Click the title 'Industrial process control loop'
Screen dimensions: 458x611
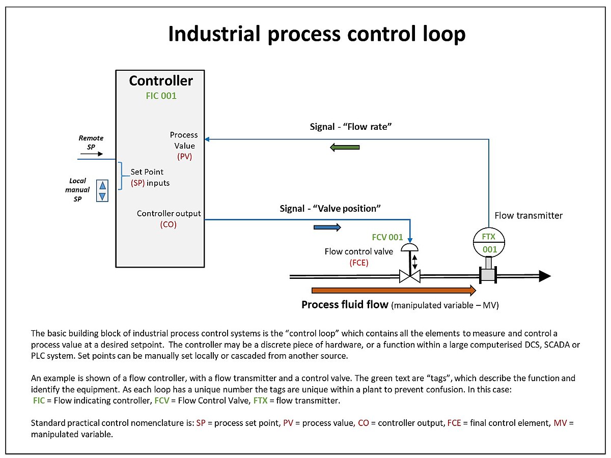pyautogui.click(x=316, y=34)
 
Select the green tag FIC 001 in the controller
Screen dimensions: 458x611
pyautogui.click(x=161, y=96)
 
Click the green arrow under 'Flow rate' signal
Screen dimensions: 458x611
pyautogui.click(x=345, y=148)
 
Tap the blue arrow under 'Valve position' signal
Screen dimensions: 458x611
pyautogui.click(x=327, y=227)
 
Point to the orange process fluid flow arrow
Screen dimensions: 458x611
pyautogui.click(x=394, y=290)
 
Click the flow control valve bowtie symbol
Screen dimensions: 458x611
pyautogui.click(x=409, y=276)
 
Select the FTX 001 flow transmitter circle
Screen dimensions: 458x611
pyautogui.click(x=489, y=243)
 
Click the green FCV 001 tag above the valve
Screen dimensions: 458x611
pyautogui.click(x=387, y=237)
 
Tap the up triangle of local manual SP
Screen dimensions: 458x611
pyautogui.click(x=102, y=185)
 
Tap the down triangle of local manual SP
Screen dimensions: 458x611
pyautogui.click(x=102, y=196)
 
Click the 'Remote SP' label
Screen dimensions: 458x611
pyautogui.click(x=91, y=142)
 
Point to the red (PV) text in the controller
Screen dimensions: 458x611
pyautogui.click(x=184, y=157)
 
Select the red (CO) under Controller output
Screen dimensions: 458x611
pyautogui.click(x=168, y=224)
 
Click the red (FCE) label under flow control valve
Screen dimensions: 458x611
pyautogui.click(x=358, y=263)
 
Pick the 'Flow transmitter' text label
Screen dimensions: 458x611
pyautogui.click(x=529, y=215)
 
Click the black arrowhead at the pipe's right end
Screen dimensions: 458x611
pyautogui.click(x=544, y=276)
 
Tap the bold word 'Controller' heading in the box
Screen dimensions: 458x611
pyautogui.click(x=161, y=81)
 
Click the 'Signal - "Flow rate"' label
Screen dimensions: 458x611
pyautogui.click(x=351, y=127)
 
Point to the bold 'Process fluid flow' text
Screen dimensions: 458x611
pyautogui.click(x=345, y=304)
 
